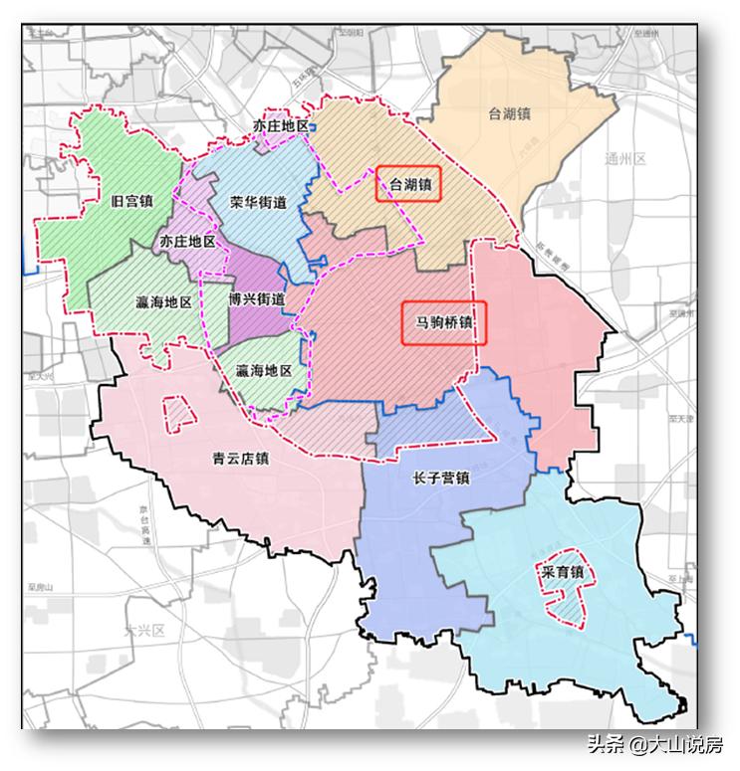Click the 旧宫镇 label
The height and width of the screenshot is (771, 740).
(132, 200)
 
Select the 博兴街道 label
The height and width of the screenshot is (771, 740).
(256, 298)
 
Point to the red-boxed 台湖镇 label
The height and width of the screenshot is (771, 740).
(408, 184)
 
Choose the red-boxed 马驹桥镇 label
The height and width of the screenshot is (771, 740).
(443, 323)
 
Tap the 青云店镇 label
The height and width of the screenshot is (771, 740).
(241, 459)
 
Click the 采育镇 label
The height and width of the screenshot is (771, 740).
(562, 573)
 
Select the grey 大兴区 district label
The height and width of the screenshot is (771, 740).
(143, 631)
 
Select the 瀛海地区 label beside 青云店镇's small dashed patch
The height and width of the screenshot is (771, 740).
(163, 301)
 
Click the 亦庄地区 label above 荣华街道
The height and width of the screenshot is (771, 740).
(281, 126)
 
